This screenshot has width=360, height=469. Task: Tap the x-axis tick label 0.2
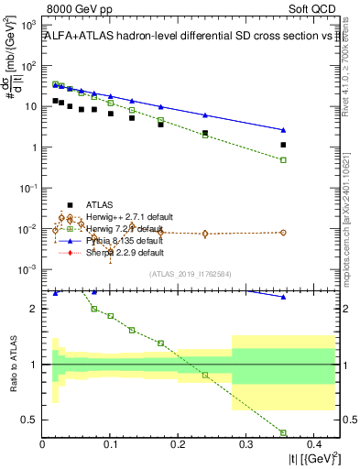(178, 444)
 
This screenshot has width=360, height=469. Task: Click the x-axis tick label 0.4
(313, 444)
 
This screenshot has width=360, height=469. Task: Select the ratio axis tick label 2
(35, 309)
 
